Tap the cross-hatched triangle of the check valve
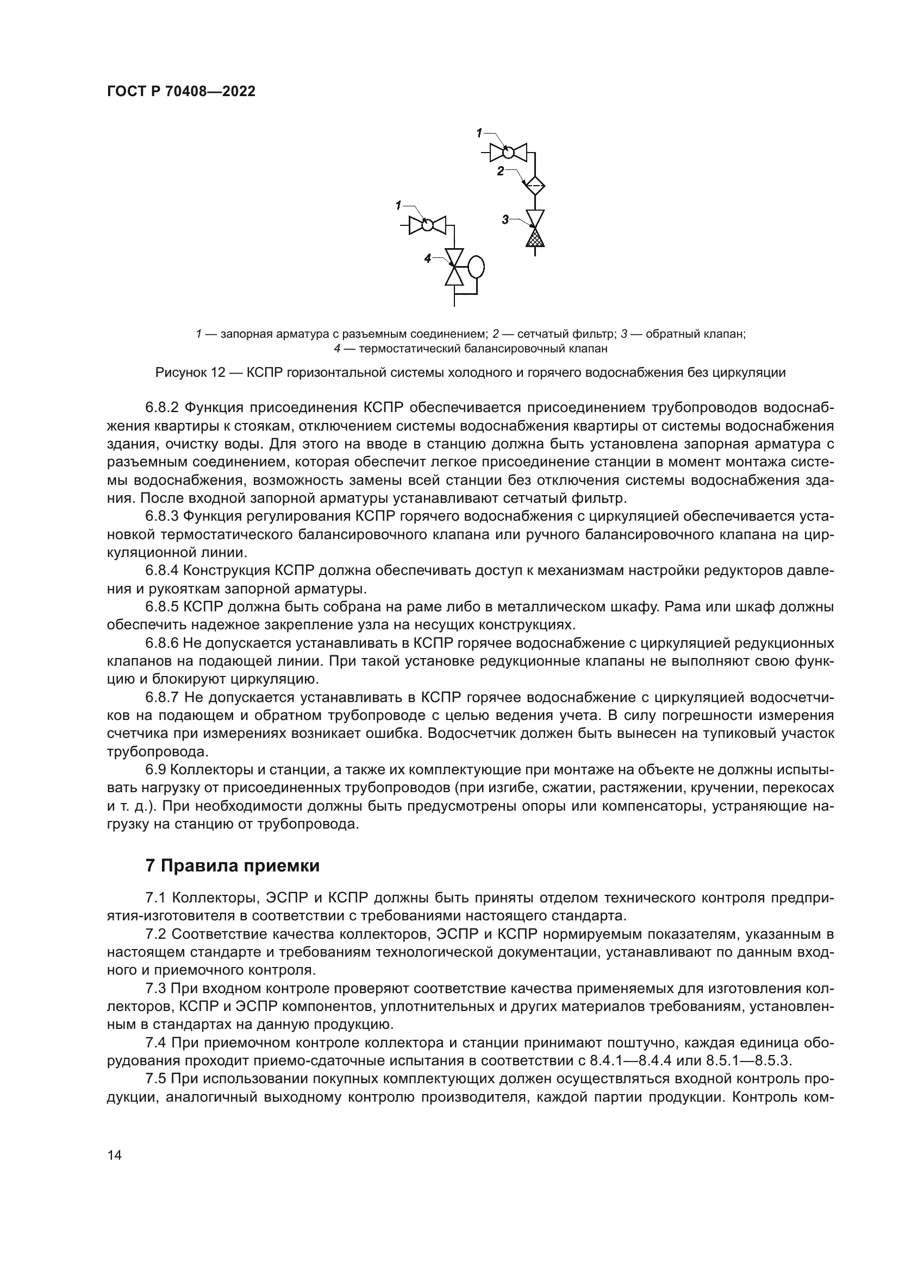click(535, 238)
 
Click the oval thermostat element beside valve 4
click(476, 268)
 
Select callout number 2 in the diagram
click(501, 172)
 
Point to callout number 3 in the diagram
click(505, 219)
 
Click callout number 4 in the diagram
click(427, 258)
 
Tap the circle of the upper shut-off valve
click(508, 151)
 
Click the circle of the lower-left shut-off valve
click(427, 225)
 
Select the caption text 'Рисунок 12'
click(189, 372)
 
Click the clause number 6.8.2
click(162, 408)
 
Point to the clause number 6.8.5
click(162, 607)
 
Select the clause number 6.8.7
click(162, 697)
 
